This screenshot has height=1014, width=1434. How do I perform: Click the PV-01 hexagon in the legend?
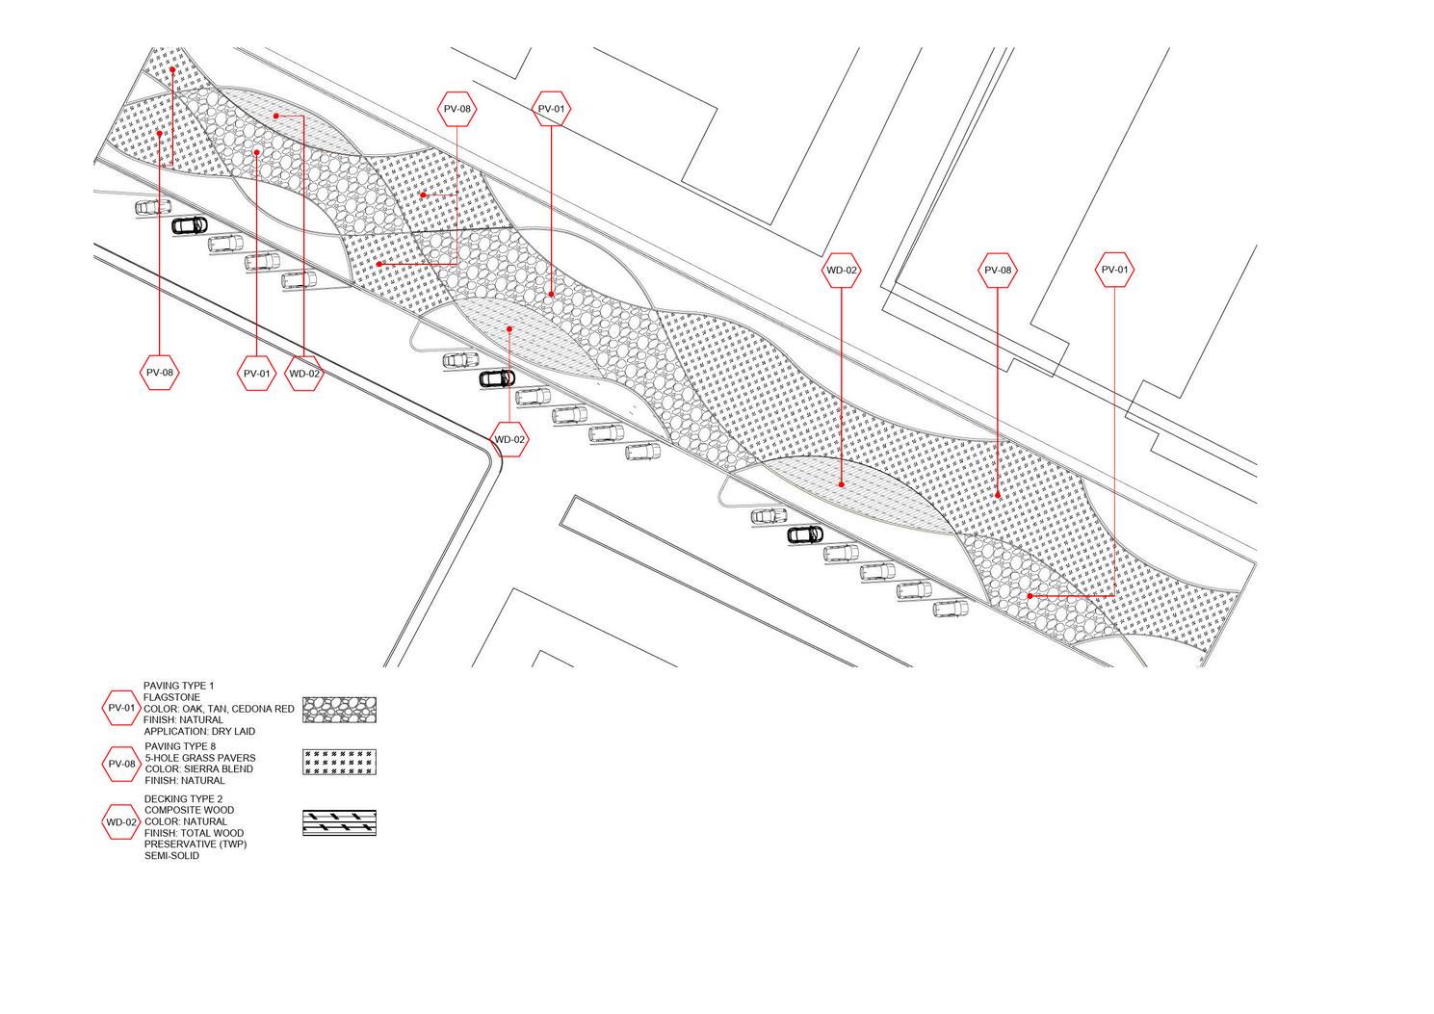[x=121, y=708]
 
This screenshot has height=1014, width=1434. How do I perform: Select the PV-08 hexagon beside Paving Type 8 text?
[x=121, y=764]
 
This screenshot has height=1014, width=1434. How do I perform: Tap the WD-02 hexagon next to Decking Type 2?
[x=121, y=822]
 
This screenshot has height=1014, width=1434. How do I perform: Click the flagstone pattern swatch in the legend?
[x=339, y=710]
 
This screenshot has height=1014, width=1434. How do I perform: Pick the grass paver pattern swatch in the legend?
[x=339, y=763]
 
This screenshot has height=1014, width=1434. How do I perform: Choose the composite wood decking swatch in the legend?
[x=339, y=822]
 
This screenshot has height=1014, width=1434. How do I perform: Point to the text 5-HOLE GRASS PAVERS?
[x=200, y=758]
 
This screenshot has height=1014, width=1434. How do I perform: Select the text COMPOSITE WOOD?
[x=189, y=811]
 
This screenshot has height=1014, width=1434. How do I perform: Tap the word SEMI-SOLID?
[x=172, y=856]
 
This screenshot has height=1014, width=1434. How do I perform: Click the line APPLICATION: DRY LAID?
[x=199, y=732]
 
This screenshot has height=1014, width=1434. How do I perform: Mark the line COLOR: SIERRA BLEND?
[x=199, y=769]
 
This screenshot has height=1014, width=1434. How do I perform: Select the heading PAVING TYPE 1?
[x=179, y=686]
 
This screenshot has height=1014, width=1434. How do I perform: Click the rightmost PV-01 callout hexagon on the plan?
[x=1114, y=270]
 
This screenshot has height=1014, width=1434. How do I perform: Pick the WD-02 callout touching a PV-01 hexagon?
[x=304, y=373]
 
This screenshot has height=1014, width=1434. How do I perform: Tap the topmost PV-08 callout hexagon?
[x=456, y=110]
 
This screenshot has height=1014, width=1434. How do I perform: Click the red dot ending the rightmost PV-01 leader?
[x=1030, y=596]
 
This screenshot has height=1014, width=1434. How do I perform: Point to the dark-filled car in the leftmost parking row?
[x=189, y=225]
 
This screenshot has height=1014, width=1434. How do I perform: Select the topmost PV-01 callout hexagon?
[x=551, y=110]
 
